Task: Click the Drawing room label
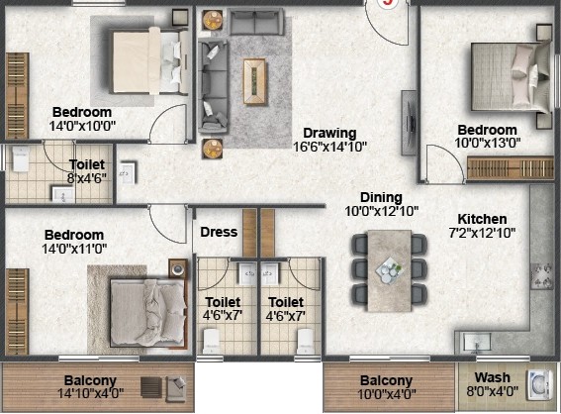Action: (x=329, y=134)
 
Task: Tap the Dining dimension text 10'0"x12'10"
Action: (x=381, y=211)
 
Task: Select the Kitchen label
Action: (x=482, y=219)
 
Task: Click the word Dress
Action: (x=219, y=232)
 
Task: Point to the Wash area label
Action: (x=492, y=377)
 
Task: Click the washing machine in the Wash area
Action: (x=539, y=385)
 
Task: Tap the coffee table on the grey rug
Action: (x=254, y=81)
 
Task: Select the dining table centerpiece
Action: (x=390, y=269)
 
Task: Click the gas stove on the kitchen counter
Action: (x=542, y=275)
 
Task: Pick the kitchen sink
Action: (x=477, y=342)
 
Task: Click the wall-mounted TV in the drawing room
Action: (x=410, y=123)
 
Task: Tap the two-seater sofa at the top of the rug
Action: (x=255, y=22)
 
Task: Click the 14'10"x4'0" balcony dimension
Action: (x=90, y=393)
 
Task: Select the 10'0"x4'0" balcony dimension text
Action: (x=387, y=394)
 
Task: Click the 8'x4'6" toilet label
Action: (x=87, y=178)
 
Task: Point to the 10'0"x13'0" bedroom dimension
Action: (x=488, y=143)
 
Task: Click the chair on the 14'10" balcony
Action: (x=175, y=388)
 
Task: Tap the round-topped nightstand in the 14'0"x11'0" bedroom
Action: (x=178, y=268)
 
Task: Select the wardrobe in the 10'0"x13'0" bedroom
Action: (x=511, y=167)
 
